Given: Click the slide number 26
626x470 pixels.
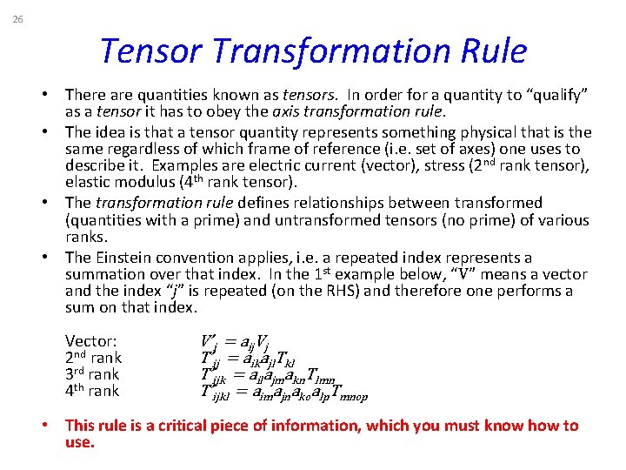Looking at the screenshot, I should (x=18, y=20).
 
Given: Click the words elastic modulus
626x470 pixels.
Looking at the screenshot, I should (x=112, y=182).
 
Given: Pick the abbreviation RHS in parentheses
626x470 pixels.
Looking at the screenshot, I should (x=340, y=291).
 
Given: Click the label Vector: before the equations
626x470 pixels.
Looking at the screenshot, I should (x=90, y=342).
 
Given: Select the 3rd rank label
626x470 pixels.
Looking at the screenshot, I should (x=93, y=375).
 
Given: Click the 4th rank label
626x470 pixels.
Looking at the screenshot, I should (x=93, y=392).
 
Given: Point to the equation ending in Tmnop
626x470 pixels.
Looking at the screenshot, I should (x=283, y=393).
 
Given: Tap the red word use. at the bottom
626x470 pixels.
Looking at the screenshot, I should (x=79, y=442).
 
